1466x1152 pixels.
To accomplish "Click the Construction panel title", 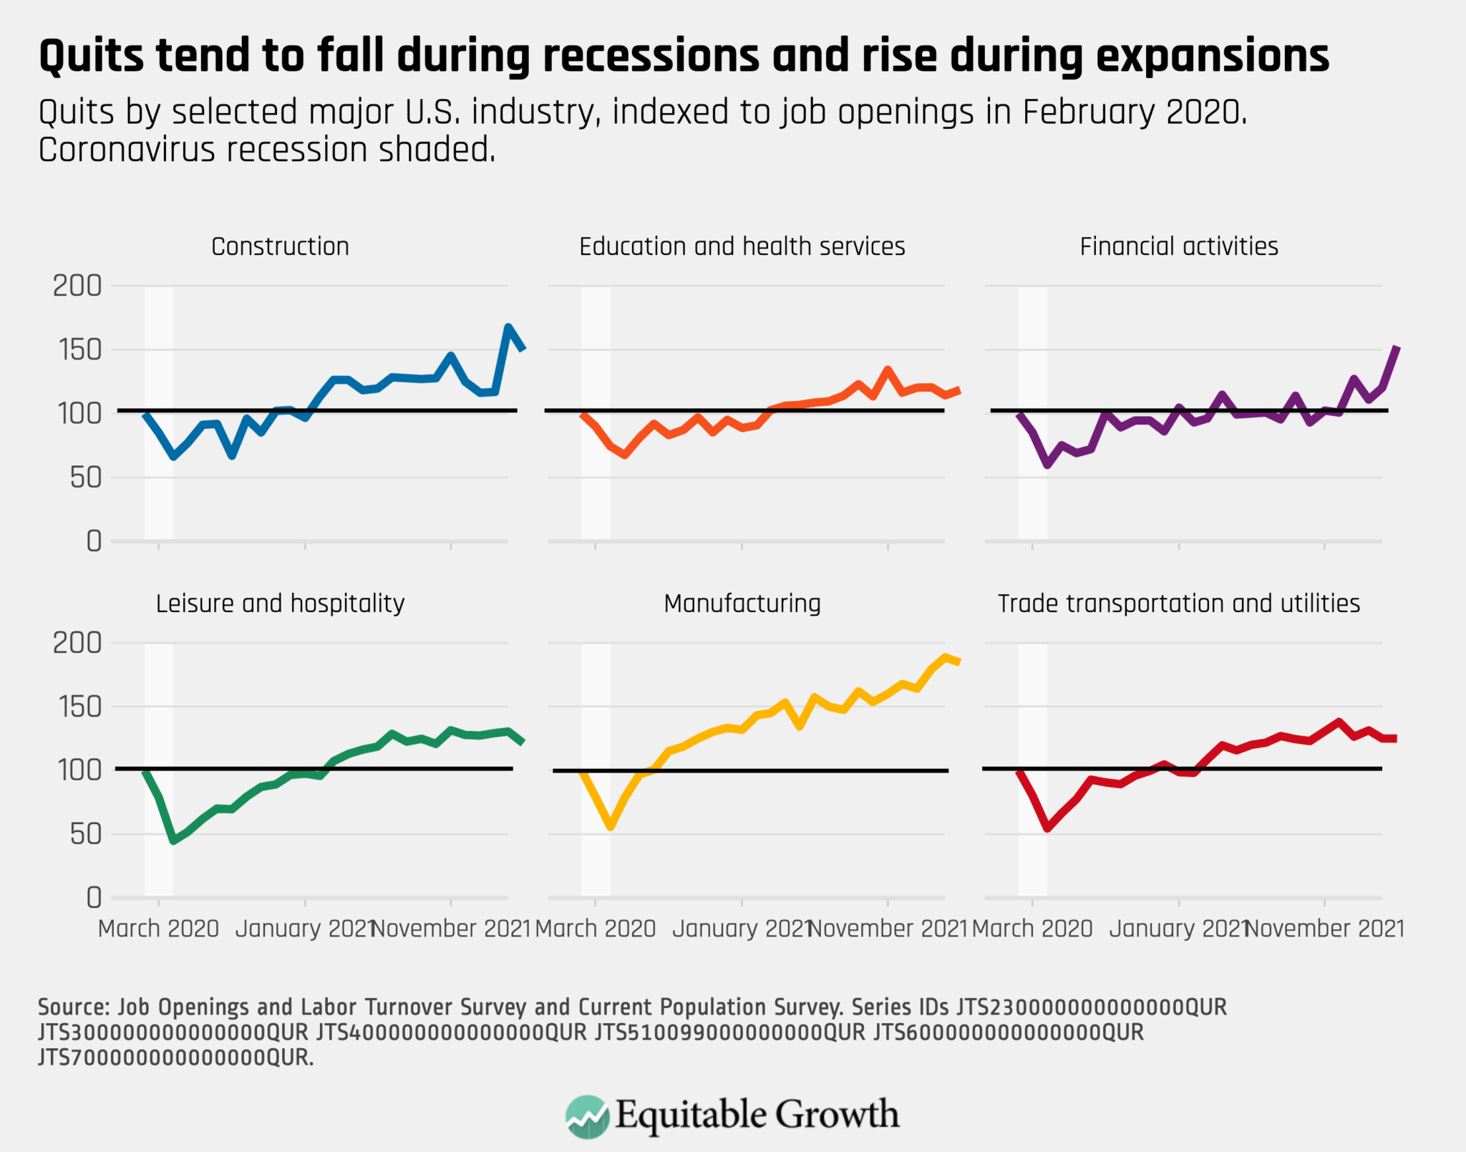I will pos(280,246).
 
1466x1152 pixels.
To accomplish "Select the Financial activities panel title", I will pos(1178,246).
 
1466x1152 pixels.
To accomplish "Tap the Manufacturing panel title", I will pos(742,604).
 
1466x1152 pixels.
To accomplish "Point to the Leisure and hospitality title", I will pos(280,604).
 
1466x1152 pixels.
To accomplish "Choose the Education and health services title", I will pos(742,246).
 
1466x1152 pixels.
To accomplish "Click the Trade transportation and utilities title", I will pos(1178,604).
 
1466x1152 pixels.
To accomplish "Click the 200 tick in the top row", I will pos(77,286).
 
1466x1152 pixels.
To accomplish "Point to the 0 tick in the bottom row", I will pos(94,897).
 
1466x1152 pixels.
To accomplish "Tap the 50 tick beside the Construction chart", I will pos(86,478).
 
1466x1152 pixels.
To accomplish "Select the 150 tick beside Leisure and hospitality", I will pos(77,707).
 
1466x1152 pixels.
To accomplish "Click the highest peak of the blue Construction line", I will pos(508,327).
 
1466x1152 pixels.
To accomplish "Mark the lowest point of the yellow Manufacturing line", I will pos(611,826).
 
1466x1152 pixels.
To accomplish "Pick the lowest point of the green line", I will pos(173,841).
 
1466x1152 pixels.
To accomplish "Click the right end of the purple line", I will pos(1397,347).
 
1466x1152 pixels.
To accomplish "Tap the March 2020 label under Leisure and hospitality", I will pos(158,929).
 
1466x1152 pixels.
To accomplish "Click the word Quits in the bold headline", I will pos(90,56).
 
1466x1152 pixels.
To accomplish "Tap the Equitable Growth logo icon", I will pos(587,1116).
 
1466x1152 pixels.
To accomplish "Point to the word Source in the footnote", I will pos(72,1007).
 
